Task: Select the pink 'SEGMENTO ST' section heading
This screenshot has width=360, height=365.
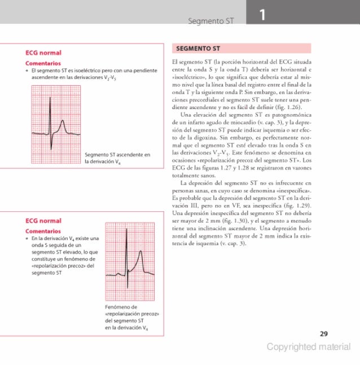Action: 197,48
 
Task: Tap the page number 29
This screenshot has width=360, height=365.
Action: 323,334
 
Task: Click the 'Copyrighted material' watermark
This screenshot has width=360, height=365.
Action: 309,347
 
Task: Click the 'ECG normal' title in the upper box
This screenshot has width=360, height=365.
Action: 43,53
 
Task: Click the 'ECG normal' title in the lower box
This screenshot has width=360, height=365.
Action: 43,220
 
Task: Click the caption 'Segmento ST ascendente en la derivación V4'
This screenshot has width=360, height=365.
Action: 117,158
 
